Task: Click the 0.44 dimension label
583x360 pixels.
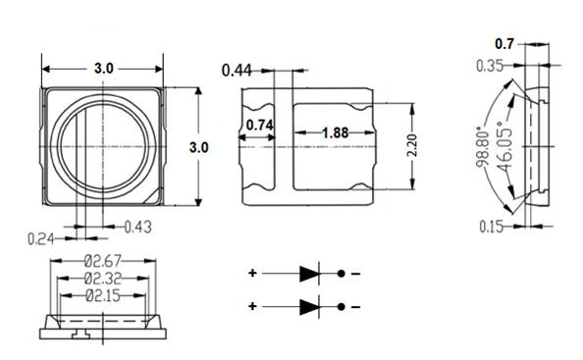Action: (237, 70)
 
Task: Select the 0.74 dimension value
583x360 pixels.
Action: (260, 125)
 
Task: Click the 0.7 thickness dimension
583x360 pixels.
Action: (504, 44)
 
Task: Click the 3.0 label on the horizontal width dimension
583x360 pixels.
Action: (103, 69)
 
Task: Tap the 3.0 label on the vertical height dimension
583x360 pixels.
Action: (198, 147)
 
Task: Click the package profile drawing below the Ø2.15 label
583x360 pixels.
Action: (103, 325)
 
